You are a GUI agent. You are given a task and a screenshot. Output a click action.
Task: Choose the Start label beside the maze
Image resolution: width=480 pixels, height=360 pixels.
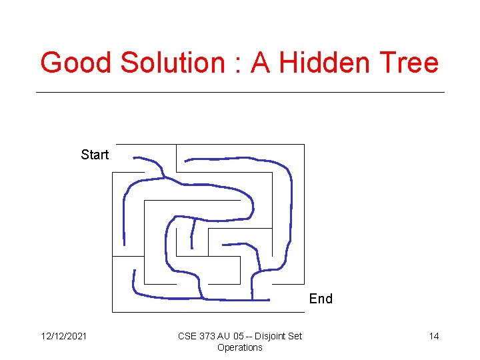pyautogui.click(x=95, y=155)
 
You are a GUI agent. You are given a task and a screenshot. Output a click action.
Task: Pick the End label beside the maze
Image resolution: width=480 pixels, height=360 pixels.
pyautogui.click(x=321, y=299)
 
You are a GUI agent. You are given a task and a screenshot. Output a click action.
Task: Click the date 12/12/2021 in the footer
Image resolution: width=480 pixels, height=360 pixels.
pyautogui.click(x=63, y=336)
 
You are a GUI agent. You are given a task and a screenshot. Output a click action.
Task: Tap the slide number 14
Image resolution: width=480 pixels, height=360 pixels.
pyautogui.click(x=434, y=336)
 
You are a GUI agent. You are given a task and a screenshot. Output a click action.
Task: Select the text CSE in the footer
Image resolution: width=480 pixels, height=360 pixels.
pyautogui.click(x=187, y=336)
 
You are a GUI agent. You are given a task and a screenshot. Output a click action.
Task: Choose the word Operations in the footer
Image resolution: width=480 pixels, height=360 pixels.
pyautogui.click(x=240, y=347)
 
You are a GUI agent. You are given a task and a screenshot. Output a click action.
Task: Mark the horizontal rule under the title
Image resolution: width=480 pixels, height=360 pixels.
pyautogui.click(x=240, y=92)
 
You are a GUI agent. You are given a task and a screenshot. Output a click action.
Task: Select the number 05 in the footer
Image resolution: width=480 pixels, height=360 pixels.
pyautogui.click(x=238, y=336)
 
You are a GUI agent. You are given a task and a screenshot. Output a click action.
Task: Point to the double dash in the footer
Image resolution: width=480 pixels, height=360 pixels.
pyautogui.click(x=249, y=336)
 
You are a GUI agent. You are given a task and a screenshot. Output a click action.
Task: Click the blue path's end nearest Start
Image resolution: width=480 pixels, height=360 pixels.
pyautogui.click(x=135, y=158)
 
